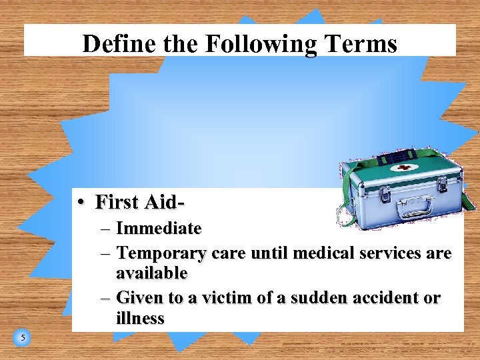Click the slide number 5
tap(22, 339)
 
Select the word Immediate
tap(159, 229)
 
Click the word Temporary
tap(162, 253)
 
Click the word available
tap(151, 273)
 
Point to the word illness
tap(140, 318)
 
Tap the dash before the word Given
tap(106, 298)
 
